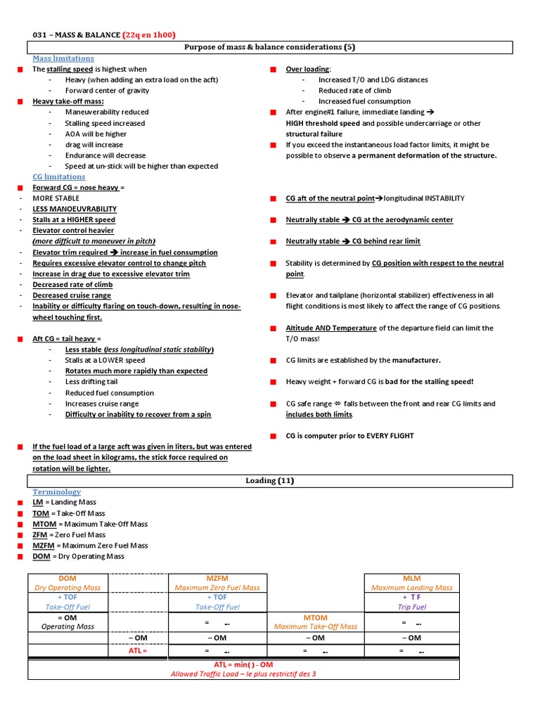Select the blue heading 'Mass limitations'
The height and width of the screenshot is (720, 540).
point(63,58)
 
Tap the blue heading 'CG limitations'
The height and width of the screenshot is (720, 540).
point(59,176)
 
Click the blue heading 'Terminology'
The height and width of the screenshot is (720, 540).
point(57,491)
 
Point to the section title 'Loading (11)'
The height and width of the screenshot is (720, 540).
point(269,481)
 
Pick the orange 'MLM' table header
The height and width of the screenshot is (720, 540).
point(412,578)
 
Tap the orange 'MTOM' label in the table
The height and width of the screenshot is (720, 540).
point(316,617)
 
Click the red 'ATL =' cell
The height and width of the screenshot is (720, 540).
point(139,651)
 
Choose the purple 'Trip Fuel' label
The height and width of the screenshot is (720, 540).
point(412,607)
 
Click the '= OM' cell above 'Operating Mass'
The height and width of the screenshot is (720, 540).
point(67,617)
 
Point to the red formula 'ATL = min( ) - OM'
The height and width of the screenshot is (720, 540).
point(243,664)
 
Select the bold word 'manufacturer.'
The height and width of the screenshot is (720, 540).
point(417,360)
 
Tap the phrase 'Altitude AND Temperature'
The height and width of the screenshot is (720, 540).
point(331,328)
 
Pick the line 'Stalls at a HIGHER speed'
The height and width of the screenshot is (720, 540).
point(74,220)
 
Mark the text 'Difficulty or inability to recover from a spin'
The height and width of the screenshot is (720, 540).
point(138,415)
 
